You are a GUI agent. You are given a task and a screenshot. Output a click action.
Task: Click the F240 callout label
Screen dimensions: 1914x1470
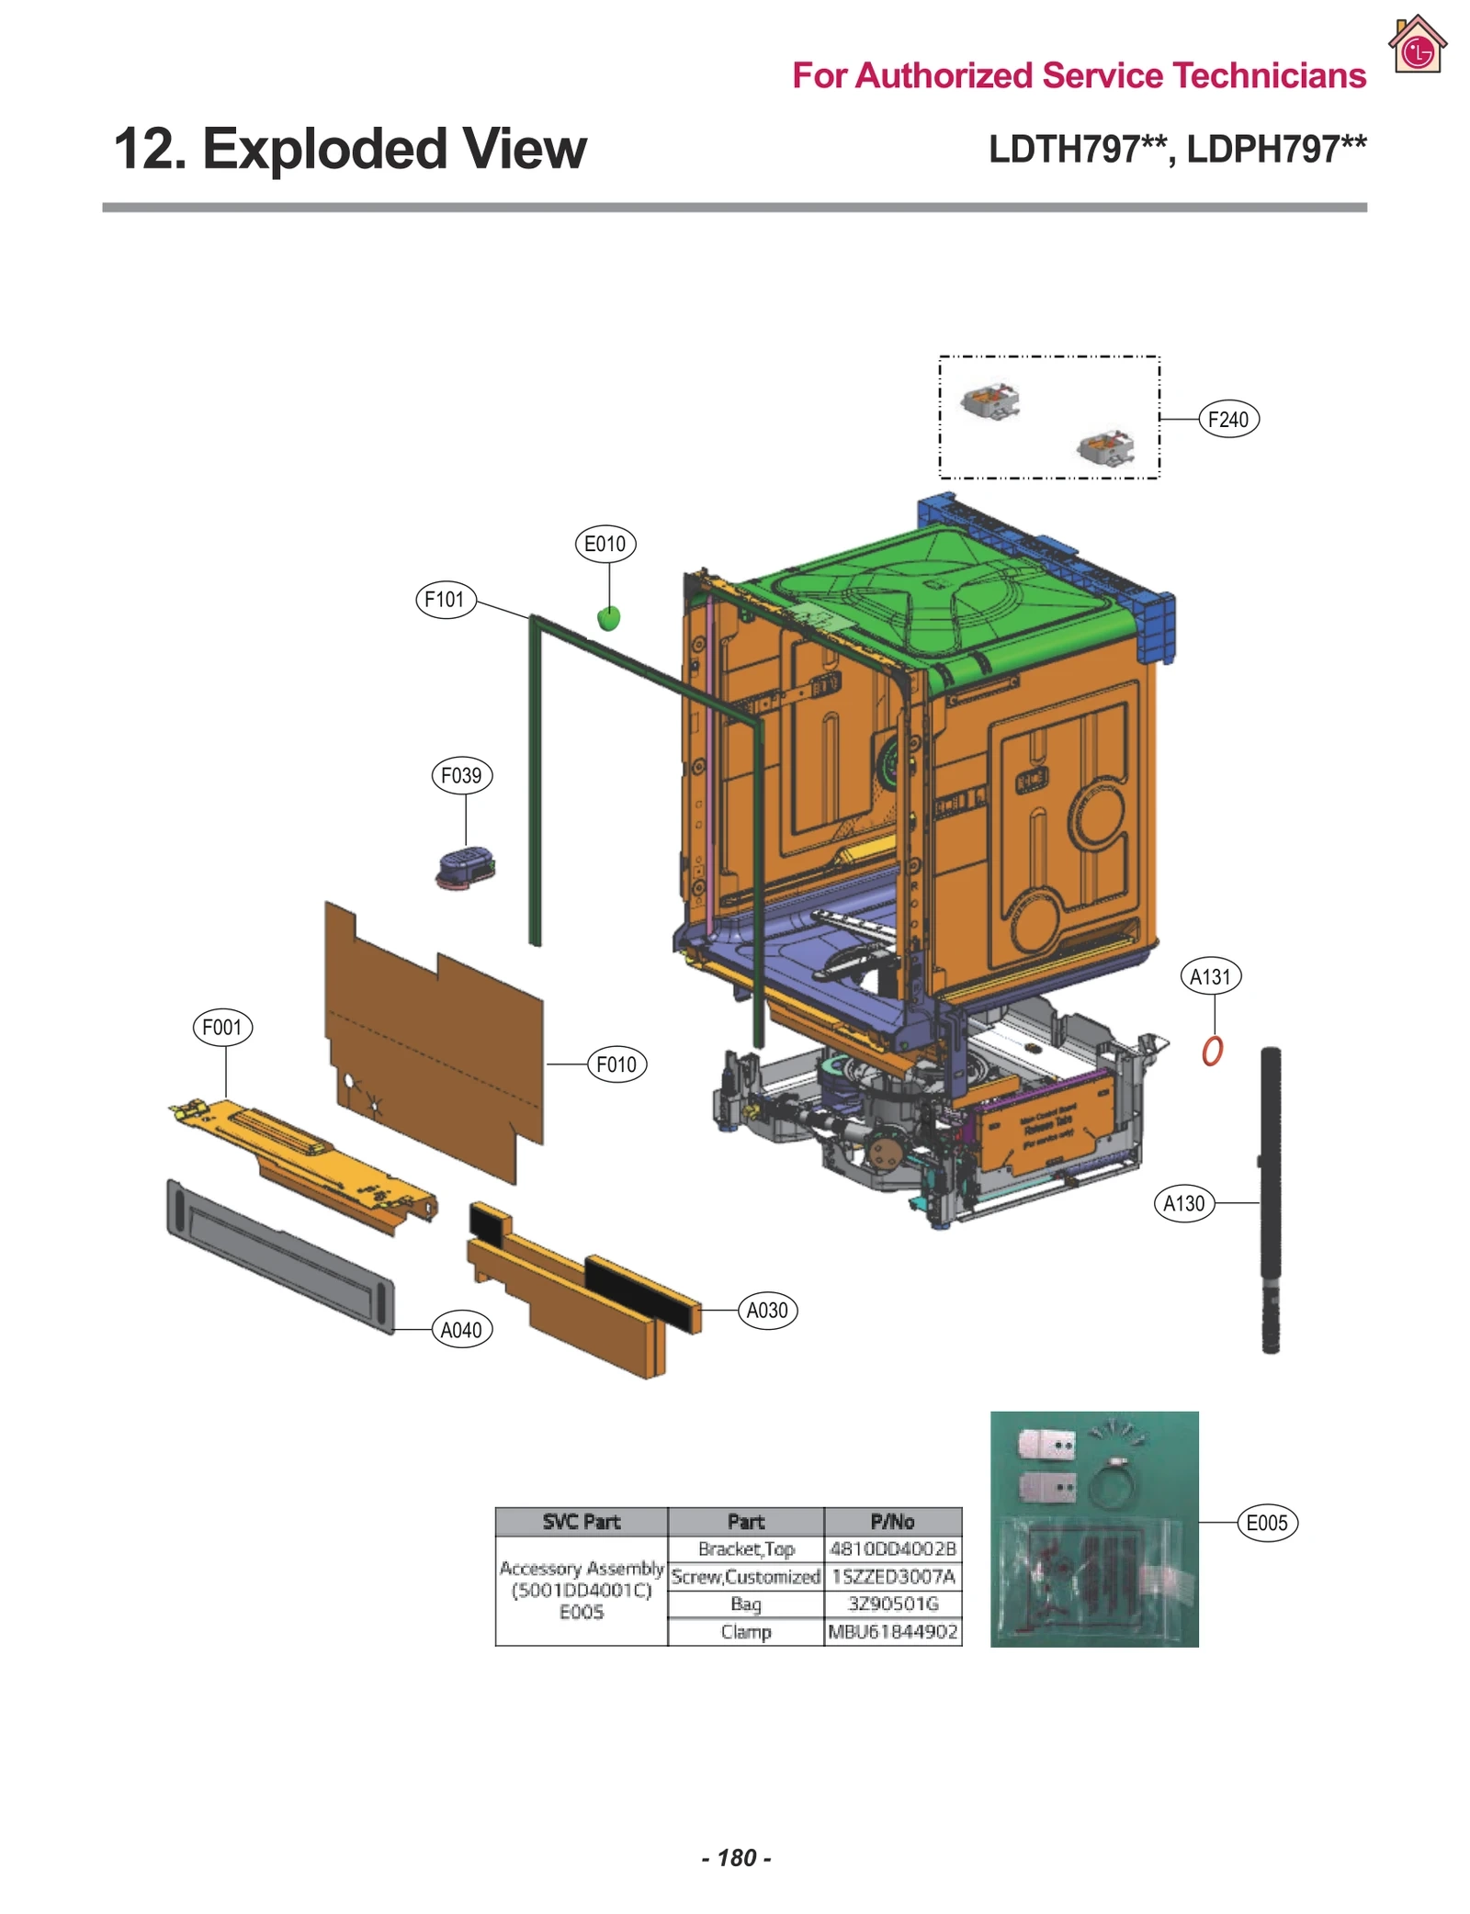pos(1227,420)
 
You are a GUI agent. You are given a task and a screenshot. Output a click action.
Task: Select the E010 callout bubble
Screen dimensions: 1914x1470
pos(605,544)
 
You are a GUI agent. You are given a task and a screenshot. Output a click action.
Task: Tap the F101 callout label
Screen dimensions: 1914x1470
pos(445,600)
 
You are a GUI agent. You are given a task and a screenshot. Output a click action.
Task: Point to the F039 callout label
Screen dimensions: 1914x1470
pos(461,775)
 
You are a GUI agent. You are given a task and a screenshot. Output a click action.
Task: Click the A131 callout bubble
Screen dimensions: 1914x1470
pos(1209,976)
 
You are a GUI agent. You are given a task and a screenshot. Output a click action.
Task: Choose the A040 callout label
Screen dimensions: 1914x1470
pos(461,1330)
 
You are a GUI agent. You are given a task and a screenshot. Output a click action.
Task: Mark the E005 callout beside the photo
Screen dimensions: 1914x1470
pos(1266,1523)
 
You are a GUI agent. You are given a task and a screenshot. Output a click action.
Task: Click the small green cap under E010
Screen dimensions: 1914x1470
pos(608,618)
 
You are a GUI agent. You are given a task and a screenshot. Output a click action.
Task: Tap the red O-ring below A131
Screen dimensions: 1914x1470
pos(1212,1050)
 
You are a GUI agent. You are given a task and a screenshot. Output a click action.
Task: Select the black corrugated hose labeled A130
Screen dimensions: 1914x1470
pos(1270,1194)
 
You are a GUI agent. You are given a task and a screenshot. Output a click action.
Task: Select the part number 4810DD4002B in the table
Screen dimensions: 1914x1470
pos(892,1549)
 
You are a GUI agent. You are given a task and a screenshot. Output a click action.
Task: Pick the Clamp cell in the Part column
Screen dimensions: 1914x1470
pos(745,1632)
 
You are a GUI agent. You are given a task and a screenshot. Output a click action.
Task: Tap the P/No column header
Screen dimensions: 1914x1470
pos(892,1522)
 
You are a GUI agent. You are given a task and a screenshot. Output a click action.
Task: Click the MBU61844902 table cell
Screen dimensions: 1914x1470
pos(892,1632)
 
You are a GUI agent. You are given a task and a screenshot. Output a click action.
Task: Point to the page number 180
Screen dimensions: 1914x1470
pos(736,1858)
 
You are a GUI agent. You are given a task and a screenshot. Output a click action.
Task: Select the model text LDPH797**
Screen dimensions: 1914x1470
pos(1276,149)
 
